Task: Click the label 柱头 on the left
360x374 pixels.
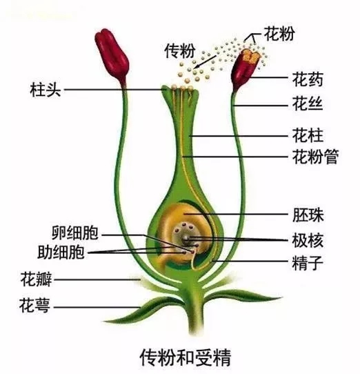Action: coord(46,90)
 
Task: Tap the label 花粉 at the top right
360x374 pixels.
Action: coord(279,34)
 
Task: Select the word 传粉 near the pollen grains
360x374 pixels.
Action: coord(180,50)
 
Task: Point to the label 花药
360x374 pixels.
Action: coord(308,79)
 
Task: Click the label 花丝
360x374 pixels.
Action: coord(308,104)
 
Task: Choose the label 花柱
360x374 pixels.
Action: coord(308,135)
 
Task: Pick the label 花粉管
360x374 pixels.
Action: coord(315,157)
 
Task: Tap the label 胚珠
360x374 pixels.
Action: coord(308,215)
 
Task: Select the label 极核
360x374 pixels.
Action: coord(308,240)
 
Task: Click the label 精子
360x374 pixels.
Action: coord(308,263)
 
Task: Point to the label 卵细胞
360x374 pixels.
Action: coord(75,233)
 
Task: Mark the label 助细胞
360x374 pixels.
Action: coord(61,252)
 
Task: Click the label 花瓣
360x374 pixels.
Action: coord(36,279)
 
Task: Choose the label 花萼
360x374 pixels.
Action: coord(34,306)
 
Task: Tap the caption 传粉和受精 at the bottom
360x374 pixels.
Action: coord(186,357)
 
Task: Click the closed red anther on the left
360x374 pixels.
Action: coord(112,56)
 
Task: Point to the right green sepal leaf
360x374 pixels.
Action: coord(243,296)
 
